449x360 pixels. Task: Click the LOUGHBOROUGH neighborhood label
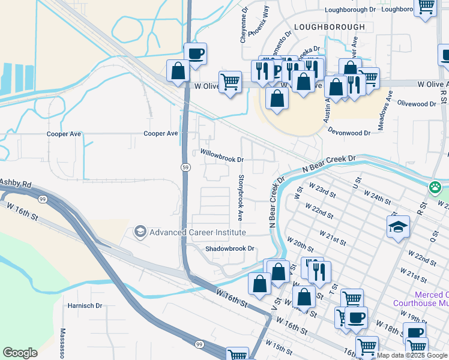coord(330,27)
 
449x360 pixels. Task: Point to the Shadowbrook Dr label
coord(230,248)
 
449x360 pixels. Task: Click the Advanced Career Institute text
coord(197,232)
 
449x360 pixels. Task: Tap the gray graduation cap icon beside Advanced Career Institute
coord(140,232)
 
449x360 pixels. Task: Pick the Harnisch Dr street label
coord(85,305)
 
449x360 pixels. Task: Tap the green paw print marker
coord(435,188)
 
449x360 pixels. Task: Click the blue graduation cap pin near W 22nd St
coord(398,227)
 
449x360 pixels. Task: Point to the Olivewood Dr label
coord(415,104)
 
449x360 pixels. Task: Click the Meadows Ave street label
coord(384,110)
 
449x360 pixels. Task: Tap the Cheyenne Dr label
coord(244,25)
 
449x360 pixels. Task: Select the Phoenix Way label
coord(259,28)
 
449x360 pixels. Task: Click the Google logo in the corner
coord(20,353)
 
